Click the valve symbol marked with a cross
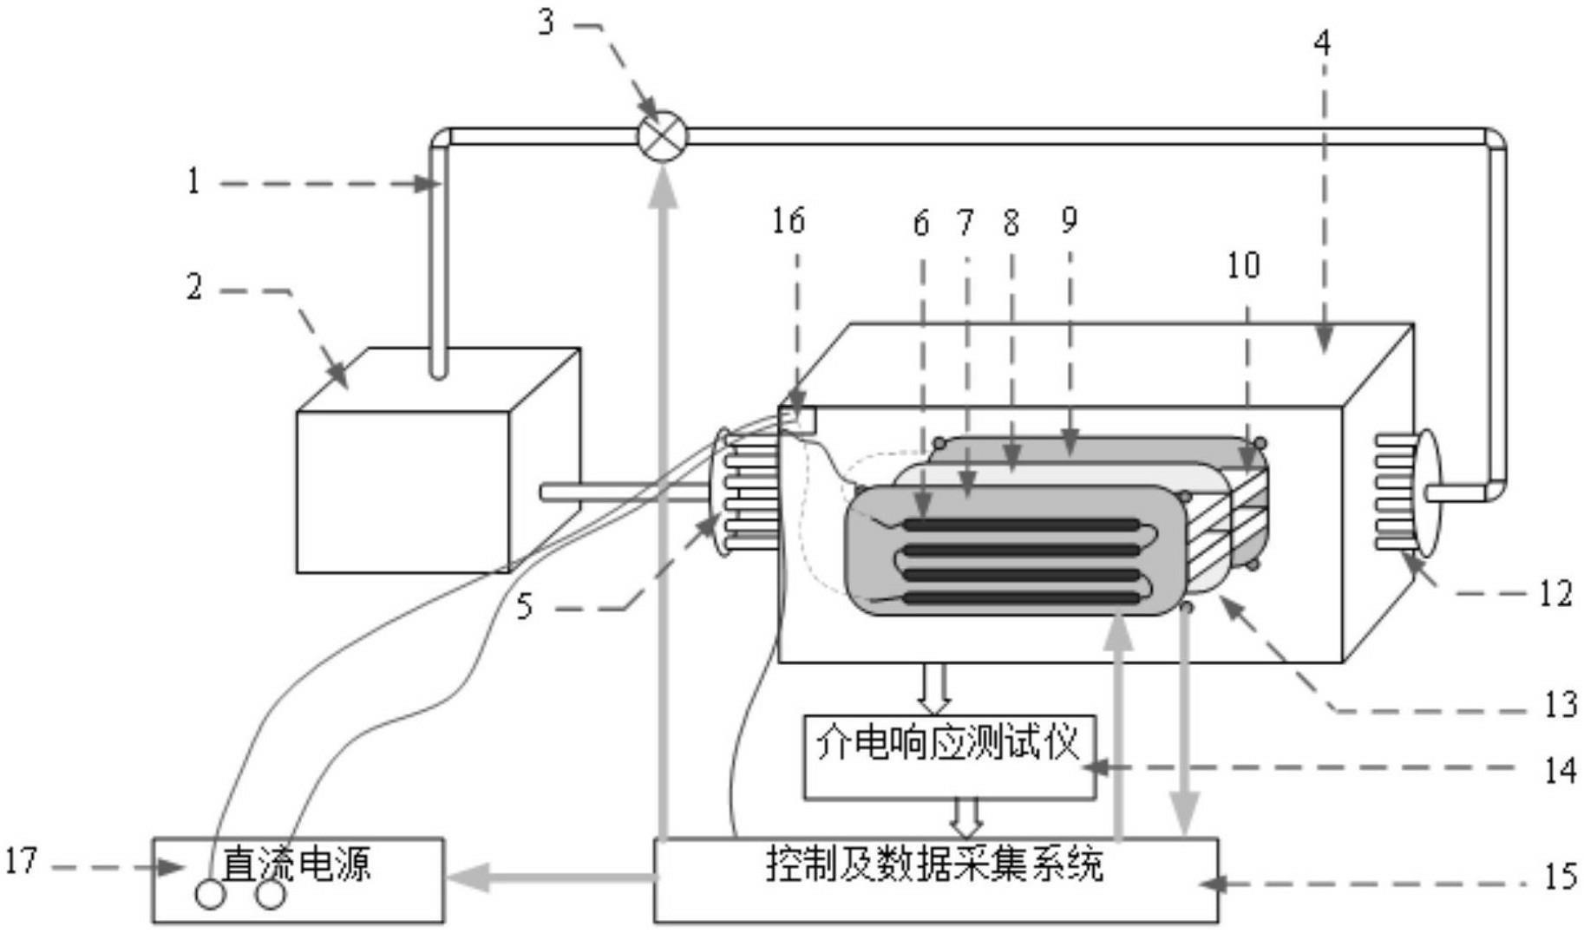pos(662,137)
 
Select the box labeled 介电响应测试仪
pos(949,756)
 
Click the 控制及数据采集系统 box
pos(935,879)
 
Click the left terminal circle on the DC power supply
pos(210,894)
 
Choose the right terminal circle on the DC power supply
pos(271,894)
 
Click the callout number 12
pos(1555,594)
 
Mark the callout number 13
pos(1559,704)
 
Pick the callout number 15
pos(1559,877)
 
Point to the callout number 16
pos(789,221)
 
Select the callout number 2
pos(194,287)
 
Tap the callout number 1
pos(193,181)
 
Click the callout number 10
pos(1243,265)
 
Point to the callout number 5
pos(524,607)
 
